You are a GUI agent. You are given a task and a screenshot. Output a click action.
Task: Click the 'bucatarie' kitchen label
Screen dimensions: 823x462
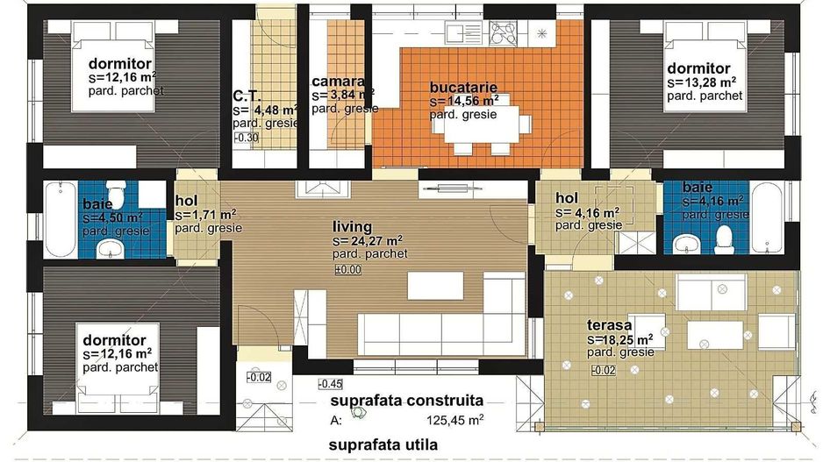[463, 87]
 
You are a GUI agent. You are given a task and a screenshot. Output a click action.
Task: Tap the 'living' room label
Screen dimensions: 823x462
[352, 226]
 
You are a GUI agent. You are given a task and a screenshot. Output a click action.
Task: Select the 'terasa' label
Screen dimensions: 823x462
[609, 325]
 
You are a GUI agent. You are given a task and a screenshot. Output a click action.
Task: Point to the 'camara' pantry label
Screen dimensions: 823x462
[338, 82]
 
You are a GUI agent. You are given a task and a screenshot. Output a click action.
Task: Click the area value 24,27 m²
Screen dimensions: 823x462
[368, 241]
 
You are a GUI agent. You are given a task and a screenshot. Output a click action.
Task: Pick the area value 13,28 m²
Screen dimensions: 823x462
[701, 83]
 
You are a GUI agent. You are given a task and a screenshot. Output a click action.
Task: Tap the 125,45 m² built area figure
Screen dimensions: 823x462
[454, 420]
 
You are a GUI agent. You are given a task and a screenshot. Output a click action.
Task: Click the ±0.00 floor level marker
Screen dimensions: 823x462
[348, 270]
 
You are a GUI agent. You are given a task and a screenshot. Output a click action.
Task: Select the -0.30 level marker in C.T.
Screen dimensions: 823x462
[247, 138]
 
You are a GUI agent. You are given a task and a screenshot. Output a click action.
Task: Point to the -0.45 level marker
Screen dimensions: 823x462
[330, 384]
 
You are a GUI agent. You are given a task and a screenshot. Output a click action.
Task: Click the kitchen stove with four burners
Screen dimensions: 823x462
[503, 33]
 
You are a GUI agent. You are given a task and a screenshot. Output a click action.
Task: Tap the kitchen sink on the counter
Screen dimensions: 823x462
[463, 32]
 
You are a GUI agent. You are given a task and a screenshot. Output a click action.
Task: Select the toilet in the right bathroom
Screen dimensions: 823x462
[725, 240]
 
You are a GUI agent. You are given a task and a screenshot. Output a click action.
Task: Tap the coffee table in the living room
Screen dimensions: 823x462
[436, 286]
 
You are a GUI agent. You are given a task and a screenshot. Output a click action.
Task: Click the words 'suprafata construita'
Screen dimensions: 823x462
[406, 402]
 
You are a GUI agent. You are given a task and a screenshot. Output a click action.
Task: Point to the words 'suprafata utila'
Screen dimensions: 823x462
[383, 445]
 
